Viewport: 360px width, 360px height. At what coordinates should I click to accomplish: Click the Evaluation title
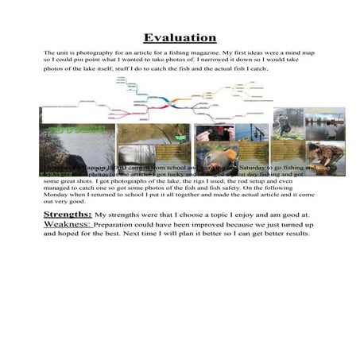point(180,37)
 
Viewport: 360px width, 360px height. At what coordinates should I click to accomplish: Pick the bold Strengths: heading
point(68,215)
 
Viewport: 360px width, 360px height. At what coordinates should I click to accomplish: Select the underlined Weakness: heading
point(68,224)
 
